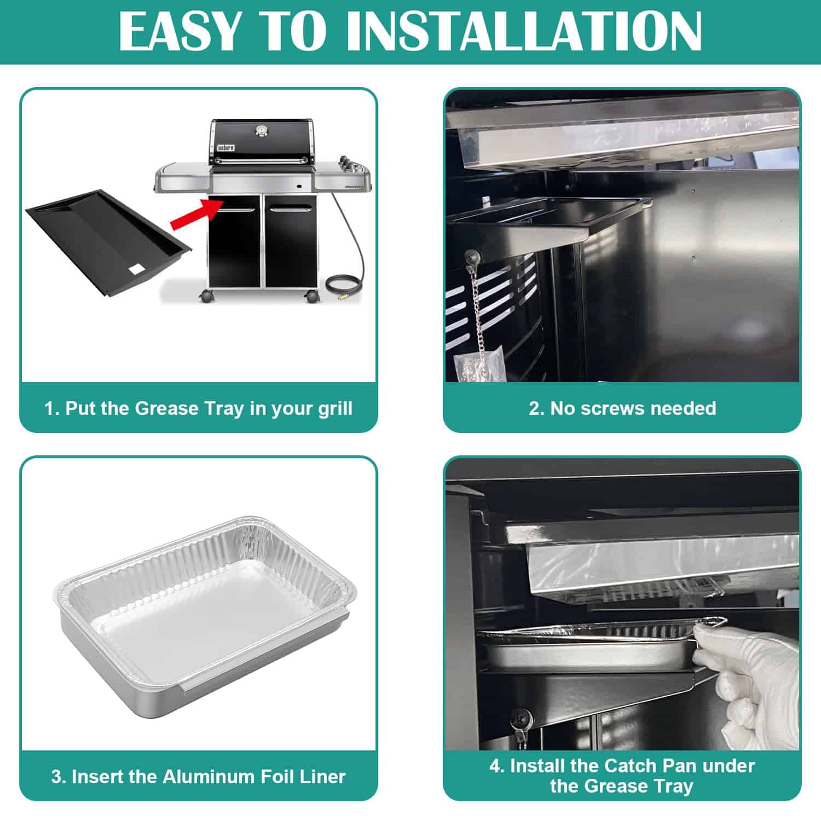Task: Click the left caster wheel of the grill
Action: (x=206, y=296)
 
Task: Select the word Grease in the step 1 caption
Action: (x=167, y=409)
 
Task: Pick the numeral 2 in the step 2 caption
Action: (x=534, y=408)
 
